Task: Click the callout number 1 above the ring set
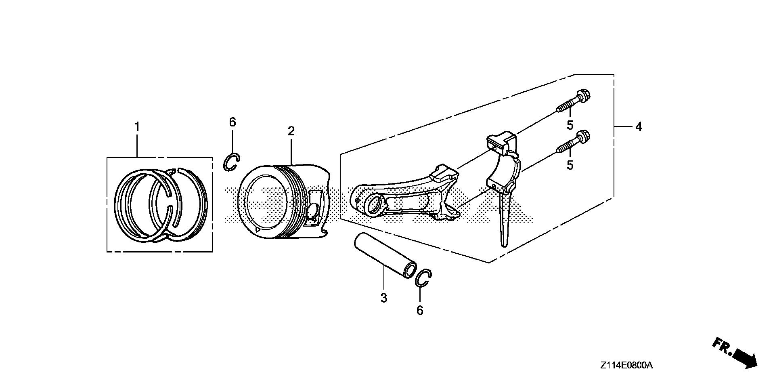point(137,127)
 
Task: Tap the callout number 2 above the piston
point(291,131)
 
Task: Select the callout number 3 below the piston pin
point(383,298)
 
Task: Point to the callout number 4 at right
point(638,127)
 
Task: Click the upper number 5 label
point(570,125)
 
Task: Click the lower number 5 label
point(570,165)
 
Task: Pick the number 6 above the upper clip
point(232,122)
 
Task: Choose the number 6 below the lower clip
point(420,310)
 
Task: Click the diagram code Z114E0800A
point(626,366)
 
